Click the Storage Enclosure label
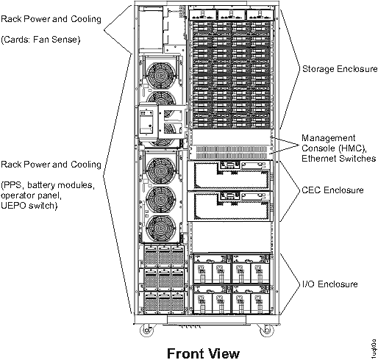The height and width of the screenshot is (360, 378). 340,68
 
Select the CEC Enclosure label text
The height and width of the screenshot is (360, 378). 333,190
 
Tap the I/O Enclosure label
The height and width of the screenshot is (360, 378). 329,284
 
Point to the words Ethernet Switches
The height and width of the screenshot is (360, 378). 339,158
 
